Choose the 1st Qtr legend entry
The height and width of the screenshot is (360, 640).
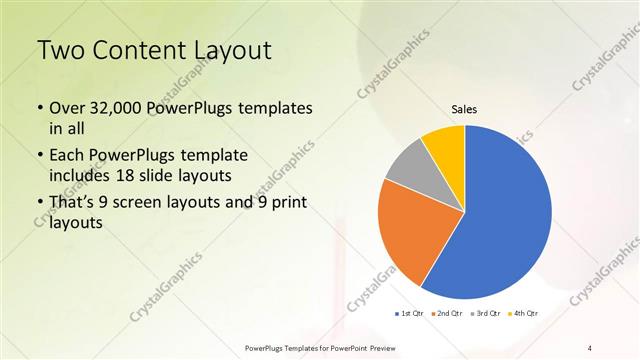point(408,313)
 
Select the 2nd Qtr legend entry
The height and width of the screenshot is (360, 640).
point(447,313)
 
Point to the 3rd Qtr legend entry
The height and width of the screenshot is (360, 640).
point(486,313)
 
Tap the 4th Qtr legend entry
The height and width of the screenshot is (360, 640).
point(524,313)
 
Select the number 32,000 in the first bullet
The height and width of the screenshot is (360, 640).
point(116,108)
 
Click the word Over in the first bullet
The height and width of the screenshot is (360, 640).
point(66,108)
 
